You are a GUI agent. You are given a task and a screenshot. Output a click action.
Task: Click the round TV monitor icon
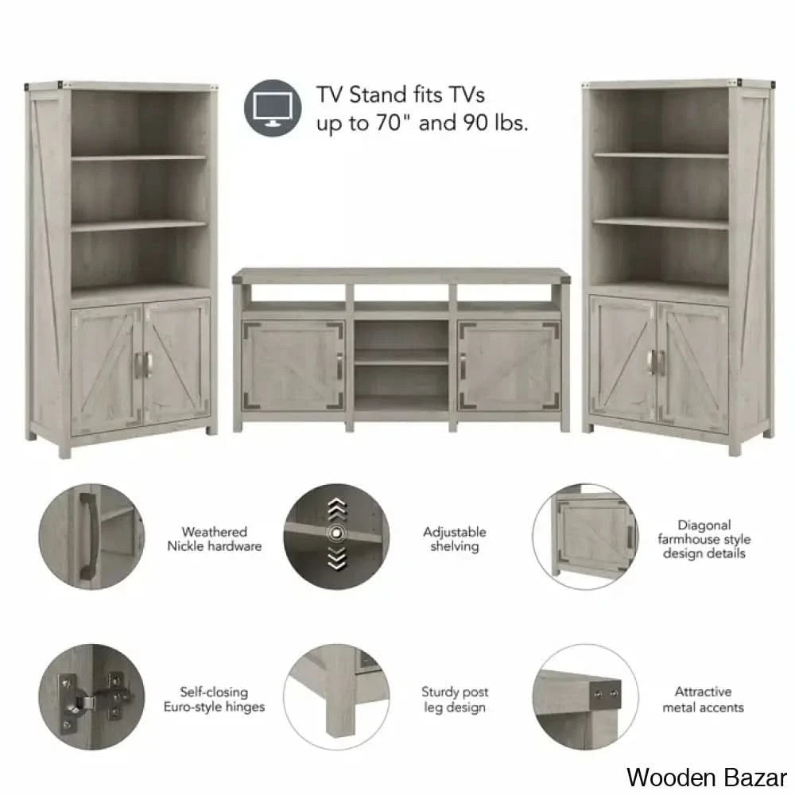(273, 108)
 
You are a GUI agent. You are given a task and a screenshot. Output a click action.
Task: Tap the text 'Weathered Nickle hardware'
(215, 539)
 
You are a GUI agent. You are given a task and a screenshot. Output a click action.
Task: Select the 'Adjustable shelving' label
(454, 539)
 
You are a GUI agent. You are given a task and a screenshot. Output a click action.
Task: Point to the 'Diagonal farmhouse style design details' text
(704, 539)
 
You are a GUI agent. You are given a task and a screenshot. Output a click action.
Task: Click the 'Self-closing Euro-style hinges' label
(214, 699)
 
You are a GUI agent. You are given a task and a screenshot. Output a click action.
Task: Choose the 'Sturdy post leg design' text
(455, 699)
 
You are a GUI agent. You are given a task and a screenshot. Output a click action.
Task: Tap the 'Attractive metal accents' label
(704, 699)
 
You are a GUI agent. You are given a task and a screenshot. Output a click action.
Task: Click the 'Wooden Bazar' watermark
(707, 778)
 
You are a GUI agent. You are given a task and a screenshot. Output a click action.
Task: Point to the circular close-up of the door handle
(91, 537)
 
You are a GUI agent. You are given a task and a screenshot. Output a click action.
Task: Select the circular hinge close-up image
(91, 696)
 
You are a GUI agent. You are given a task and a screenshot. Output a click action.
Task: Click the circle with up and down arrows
(336, 537)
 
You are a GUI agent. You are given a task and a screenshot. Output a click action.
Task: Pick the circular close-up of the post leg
(336, 696)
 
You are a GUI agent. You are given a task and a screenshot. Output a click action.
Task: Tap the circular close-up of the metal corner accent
(586, 696)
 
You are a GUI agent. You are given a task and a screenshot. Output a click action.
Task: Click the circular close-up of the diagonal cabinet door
(586, 537)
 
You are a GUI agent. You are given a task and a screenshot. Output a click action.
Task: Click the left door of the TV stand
(293, 366)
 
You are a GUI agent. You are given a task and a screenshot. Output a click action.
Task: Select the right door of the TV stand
(509, 366)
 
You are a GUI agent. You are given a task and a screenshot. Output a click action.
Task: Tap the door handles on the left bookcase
(142, 365)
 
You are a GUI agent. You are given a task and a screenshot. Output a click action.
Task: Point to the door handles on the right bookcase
(657, 363)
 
